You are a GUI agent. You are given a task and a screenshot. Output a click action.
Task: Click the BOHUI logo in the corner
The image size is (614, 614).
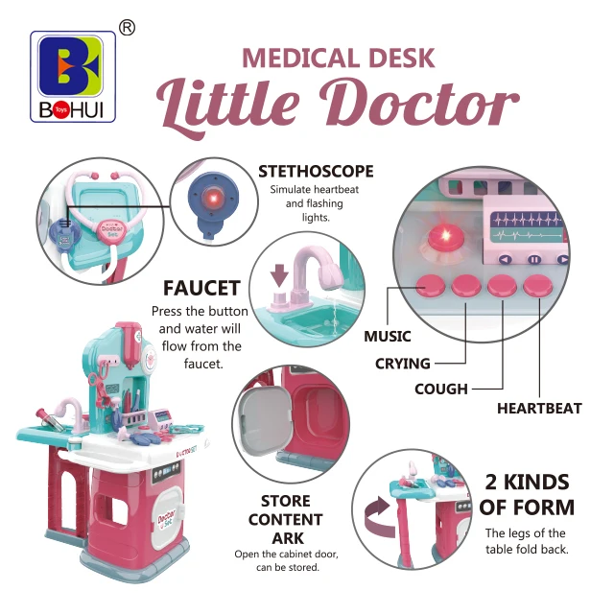point(73,77)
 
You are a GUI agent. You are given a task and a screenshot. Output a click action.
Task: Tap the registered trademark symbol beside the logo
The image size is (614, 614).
point(126,28)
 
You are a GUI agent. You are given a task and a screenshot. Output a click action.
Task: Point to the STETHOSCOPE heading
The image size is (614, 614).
point(316,172)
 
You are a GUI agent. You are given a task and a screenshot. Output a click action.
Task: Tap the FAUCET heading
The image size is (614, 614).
point(201,288)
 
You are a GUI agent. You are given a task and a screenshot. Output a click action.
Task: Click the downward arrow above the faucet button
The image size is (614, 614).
point(280,276)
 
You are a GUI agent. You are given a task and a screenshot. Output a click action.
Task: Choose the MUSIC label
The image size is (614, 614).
point(388,337)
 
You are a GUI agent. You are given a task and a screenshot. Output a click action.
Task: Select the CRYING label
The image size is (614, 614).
point(404,364)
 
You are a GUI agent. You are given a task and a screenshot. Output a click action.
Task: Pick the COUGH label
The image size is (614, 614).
point(441,390)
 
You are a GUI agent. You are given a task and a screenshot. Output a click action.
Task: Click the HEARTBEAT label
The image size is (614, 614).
point(539,409)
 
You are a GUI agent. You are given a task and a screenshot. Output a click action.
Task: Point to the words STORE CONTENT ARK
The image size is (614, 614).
point(285,519)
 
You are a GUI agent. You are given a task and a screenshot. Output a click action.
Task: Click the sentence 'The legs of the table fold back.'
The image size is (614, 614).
point(525,541)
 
